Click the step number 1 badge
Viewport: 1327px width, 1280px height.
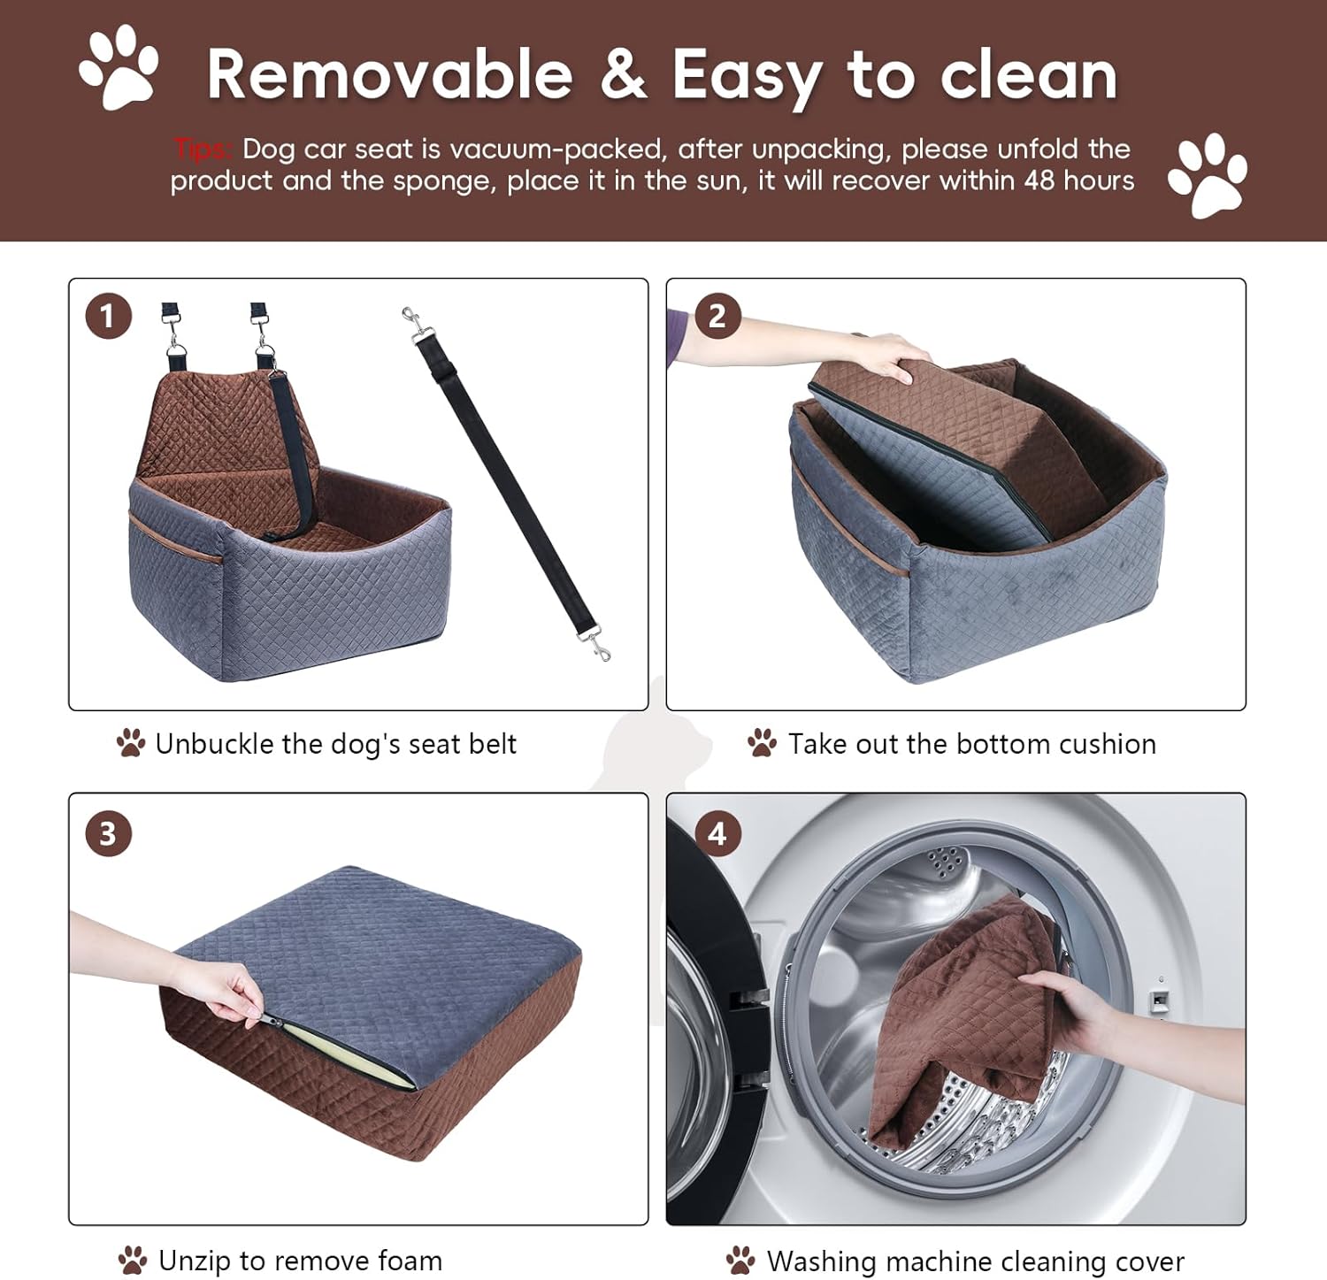(108, 317)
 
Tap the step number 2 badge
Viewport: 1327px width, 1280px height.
(717, 317)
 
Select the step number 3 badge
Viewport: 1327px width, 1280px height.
(108, 834)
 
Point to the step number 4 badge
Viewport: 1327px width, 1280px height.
(717, 834)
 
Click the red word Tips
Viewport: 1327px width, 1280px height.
(203, 149)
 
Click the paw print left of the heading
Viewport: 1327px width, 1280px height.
(119, 68)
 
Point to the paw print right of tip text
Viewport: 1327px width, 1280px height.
(1207, 175)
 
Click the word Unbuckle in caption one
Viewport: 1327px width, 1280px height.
(214, 744)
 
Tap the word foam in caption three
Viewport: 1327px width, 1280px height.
(409, 1260)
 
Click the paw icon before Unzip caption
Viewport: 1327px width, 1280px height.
(133, 1260)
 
